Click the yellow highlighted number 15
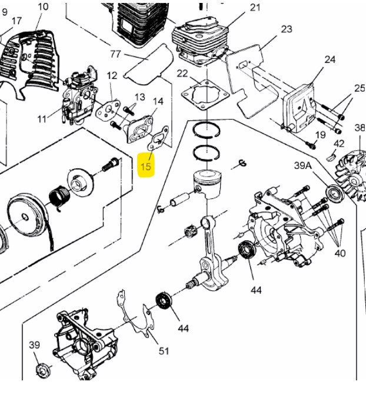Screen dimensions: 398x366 (146, 166)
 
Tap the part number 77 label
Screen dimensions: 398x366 (115, 54)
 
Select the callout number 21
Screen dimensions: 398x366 (255, 8)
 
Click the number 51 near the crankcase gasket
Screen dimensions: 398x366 (164, 351)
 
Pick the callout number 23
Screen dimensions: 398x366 (287, 29)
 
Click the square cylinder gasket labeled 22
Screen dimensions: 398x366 (203, 95)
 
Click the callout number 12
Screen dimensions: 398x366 (112, 75)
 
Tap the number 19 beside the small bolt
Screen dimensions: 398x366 (320, 135)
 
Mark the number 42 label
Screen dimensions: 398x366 (339, 144)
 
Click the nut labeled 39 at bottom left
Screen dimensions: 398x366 (42, 372)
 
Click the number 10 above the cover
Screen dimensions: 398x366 (43, 7)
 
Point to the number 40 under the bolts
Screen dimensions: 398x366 (340, 254)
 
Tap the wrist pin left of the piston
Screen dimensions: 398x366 (177, 200)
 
